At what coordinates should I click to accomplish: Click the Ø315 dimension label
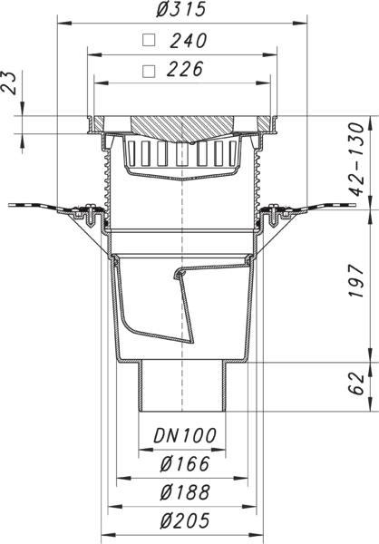[180, 8]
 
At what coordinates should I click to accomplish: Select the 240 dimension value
[189, 40]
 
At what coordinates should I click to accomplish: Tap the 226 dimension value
[185, 69]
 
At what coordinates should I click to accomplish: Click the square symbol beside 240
[149, 40]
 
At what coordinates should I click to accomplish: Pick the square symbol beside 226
[149, 71]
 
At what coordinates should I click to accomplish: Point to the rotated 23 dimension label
[8, 83]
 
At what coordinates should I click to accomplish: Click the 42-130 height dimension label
[356, 159]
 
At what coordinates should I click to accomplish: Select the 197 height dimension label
[356, 281]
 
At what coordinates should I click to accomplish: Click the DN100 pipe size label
[185, 436]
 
